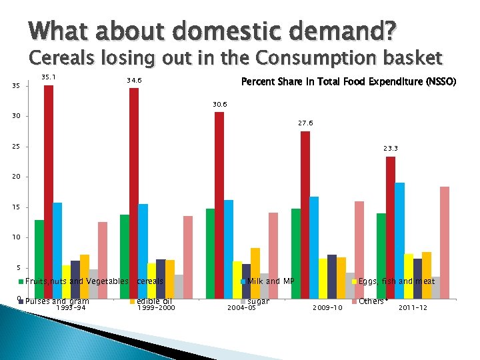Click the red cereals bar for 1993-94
click(49, 180)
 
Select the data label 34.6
click(134, 81)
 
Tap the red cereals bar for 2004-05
click(219, 193)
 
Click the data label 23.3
click(391, 149)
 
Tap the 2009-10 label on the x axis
click(327, 308)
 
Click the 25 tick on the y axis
click(15, 147)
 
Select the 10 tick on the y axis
click(15, 237)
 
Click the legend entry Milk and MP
click(271, 281)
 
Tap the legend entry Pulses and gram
click(57, 301)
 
